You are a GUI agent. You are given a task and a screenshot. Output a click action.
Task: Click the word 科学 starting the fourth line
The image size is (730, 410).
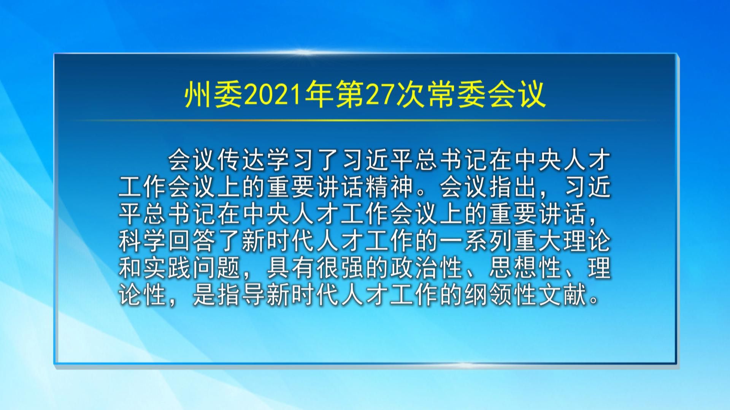click(143, 241)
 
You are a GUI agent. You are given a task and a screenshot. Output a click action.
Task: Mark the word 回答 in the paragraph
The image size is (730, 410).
click(192, 241)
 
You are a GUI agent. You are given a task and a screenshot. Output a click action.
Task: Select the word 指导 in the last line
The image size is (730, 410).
click(242, 295)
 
